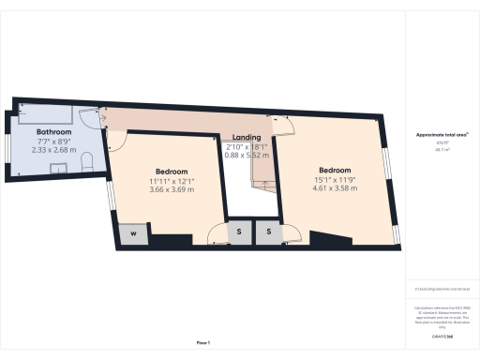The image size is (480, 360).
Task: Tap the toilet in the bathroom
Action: [x=86, y=163]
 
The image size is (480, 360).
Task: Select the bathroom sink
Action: [x=57, y=168]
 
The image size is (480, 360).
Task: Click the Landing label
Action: [x=247, y=137]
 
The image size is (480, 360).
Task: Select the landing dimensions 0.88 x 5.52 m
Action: [x=247, y=155]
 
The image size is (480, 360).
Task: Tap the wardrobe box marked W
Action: [x=133, y=233]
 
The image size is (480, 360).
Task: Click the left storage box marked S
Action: [x=240, y=231]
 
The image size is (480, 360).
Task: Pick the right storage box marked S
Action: [x=269, y=231]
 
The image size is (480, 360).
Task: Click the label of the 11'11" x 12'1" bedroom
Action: [x=172, y=172]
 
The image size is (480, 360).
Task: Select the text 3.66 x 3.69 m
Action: [x=172, y=189]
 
